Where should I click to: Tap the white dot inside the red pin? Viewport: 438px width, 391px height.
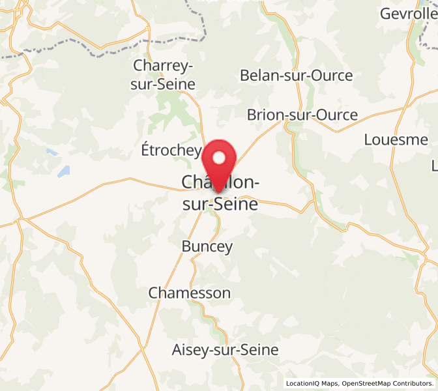pyautogui.click(x=219, y=157)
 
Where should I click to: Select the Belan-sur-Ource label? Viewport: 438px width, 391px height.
pyautogui.click(x=297, y=76)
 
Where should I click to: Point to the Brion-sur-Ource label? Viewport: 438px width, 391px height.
pyautogui.click(x=302, y=115)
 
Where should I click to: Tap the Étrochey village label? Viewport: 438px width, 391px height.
pyautogui.click(x=171, y=150)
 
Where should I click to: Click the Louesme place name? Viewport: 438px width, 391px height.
pyautogui.click(x=396, y=139)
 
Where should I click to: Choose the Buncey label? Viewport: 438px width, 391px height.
pyautogui.click(x=207, y=247)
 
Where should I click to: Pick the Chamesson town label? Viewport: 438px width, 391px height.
pyautogui.click(x=190, y=293)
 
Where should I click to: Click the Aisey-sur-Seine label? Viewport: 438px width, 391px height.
pyautogui.click(x=225, y=350)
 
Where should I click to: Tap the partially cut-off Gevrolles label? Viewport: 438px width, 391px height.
pyautogui.click(x=408, y=14)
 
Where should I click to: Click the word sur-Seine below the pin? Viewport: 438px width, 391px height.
pyautogui.click(x=220, y=205)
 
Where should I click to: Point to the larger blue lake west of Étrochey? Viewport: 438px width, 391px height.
pyautogui.click(x=63, y=172)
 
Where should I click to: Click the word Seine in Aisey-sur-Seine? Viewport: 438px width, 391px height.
pyautogui.click(x=259, y=350)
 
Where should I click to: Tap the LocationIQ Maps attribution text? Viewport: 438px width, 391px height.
pyautogui.click(x=312, y=384)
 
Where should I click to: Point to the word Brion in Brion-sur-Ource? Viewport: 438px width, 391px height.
pyautogui.click(x=266, y=115)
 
